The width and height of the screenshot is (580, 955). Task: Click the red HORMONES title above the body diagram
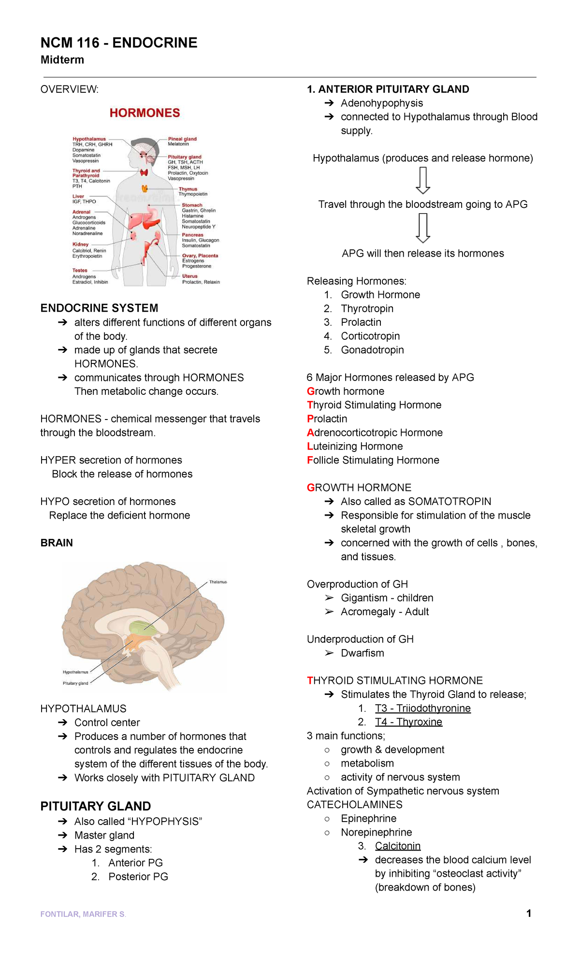tap(145, 113)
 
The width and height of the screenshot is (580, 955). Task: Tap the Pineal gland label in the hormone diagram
tap(182, 139)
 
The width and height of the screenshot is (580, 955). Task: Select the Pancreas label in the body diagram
tap(192, 235)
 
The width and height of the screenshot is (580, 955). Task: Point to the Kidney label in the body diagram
tap(81, 245)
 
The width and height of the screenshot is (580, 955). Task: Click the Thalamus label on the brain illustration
tap(218, 582)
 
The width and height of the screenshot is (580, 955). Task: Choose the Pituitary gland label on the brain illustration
tap(75, 683)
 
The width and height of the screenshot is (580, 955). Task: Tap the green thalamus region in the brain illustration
tap(145, 627)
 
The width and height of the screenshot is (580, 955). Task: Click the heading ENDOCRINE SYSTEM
tap(99, 308)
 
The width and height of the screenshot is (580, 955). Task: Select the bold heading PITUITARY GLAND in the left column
tap(96, 806)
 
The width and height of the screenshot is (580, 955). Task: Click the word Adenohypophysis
tap(382, 103)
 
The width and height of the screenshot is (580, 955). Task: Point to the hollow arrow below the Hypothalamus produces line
tap(423, 180)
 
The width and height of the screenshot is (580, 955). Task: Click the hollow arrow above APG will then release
tap(423, 228)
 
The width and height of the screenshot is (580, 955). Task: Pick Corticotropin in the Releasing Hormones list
tap(370, 336)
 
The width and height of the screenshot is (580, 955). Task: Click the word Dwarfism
tap(362, 653)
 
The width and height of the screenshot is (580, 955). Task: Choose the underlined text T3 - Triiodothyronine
tap(422, 708)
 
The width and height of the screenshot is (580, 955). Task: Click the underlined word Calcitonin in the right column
tap(398, 846)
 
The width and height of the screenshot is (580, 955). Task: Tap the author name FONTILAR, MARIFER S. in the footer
tap(83, 914)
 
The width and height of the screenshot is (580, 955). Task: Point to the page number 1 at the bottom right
tap(529, 913)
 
